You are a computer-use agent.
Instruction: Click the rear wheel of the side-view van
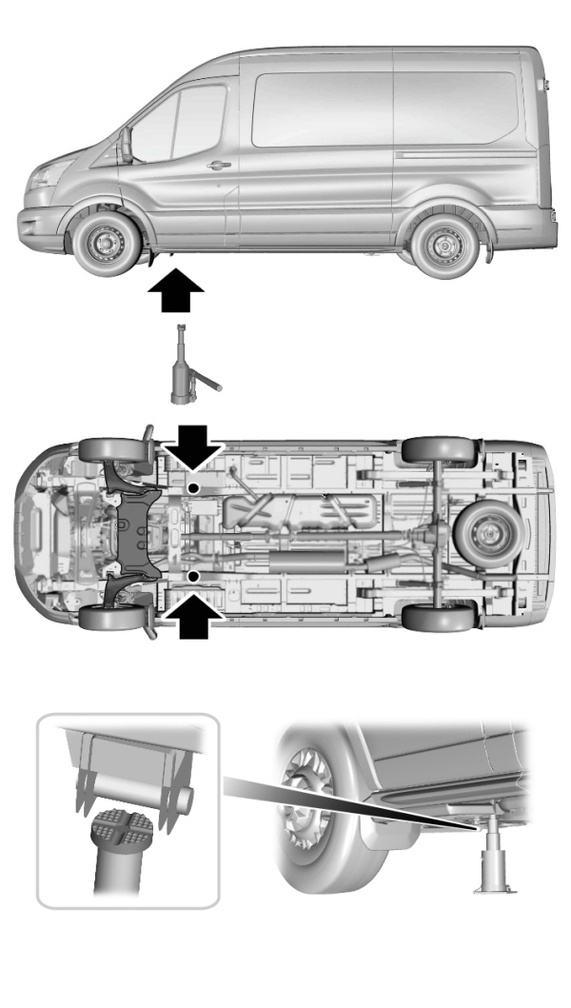point(440,243)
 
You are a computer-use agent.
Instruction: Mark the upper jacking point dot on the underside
point(193,487)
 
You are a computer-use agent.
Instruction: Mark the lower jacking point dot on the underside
point(193,576)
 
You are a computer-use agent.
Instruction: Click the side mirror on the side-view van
point(126,144)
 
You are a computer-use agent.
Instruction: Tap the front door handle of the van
point(219,166)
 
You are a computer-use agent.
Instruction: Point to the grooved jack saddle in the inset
point(117,831)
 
